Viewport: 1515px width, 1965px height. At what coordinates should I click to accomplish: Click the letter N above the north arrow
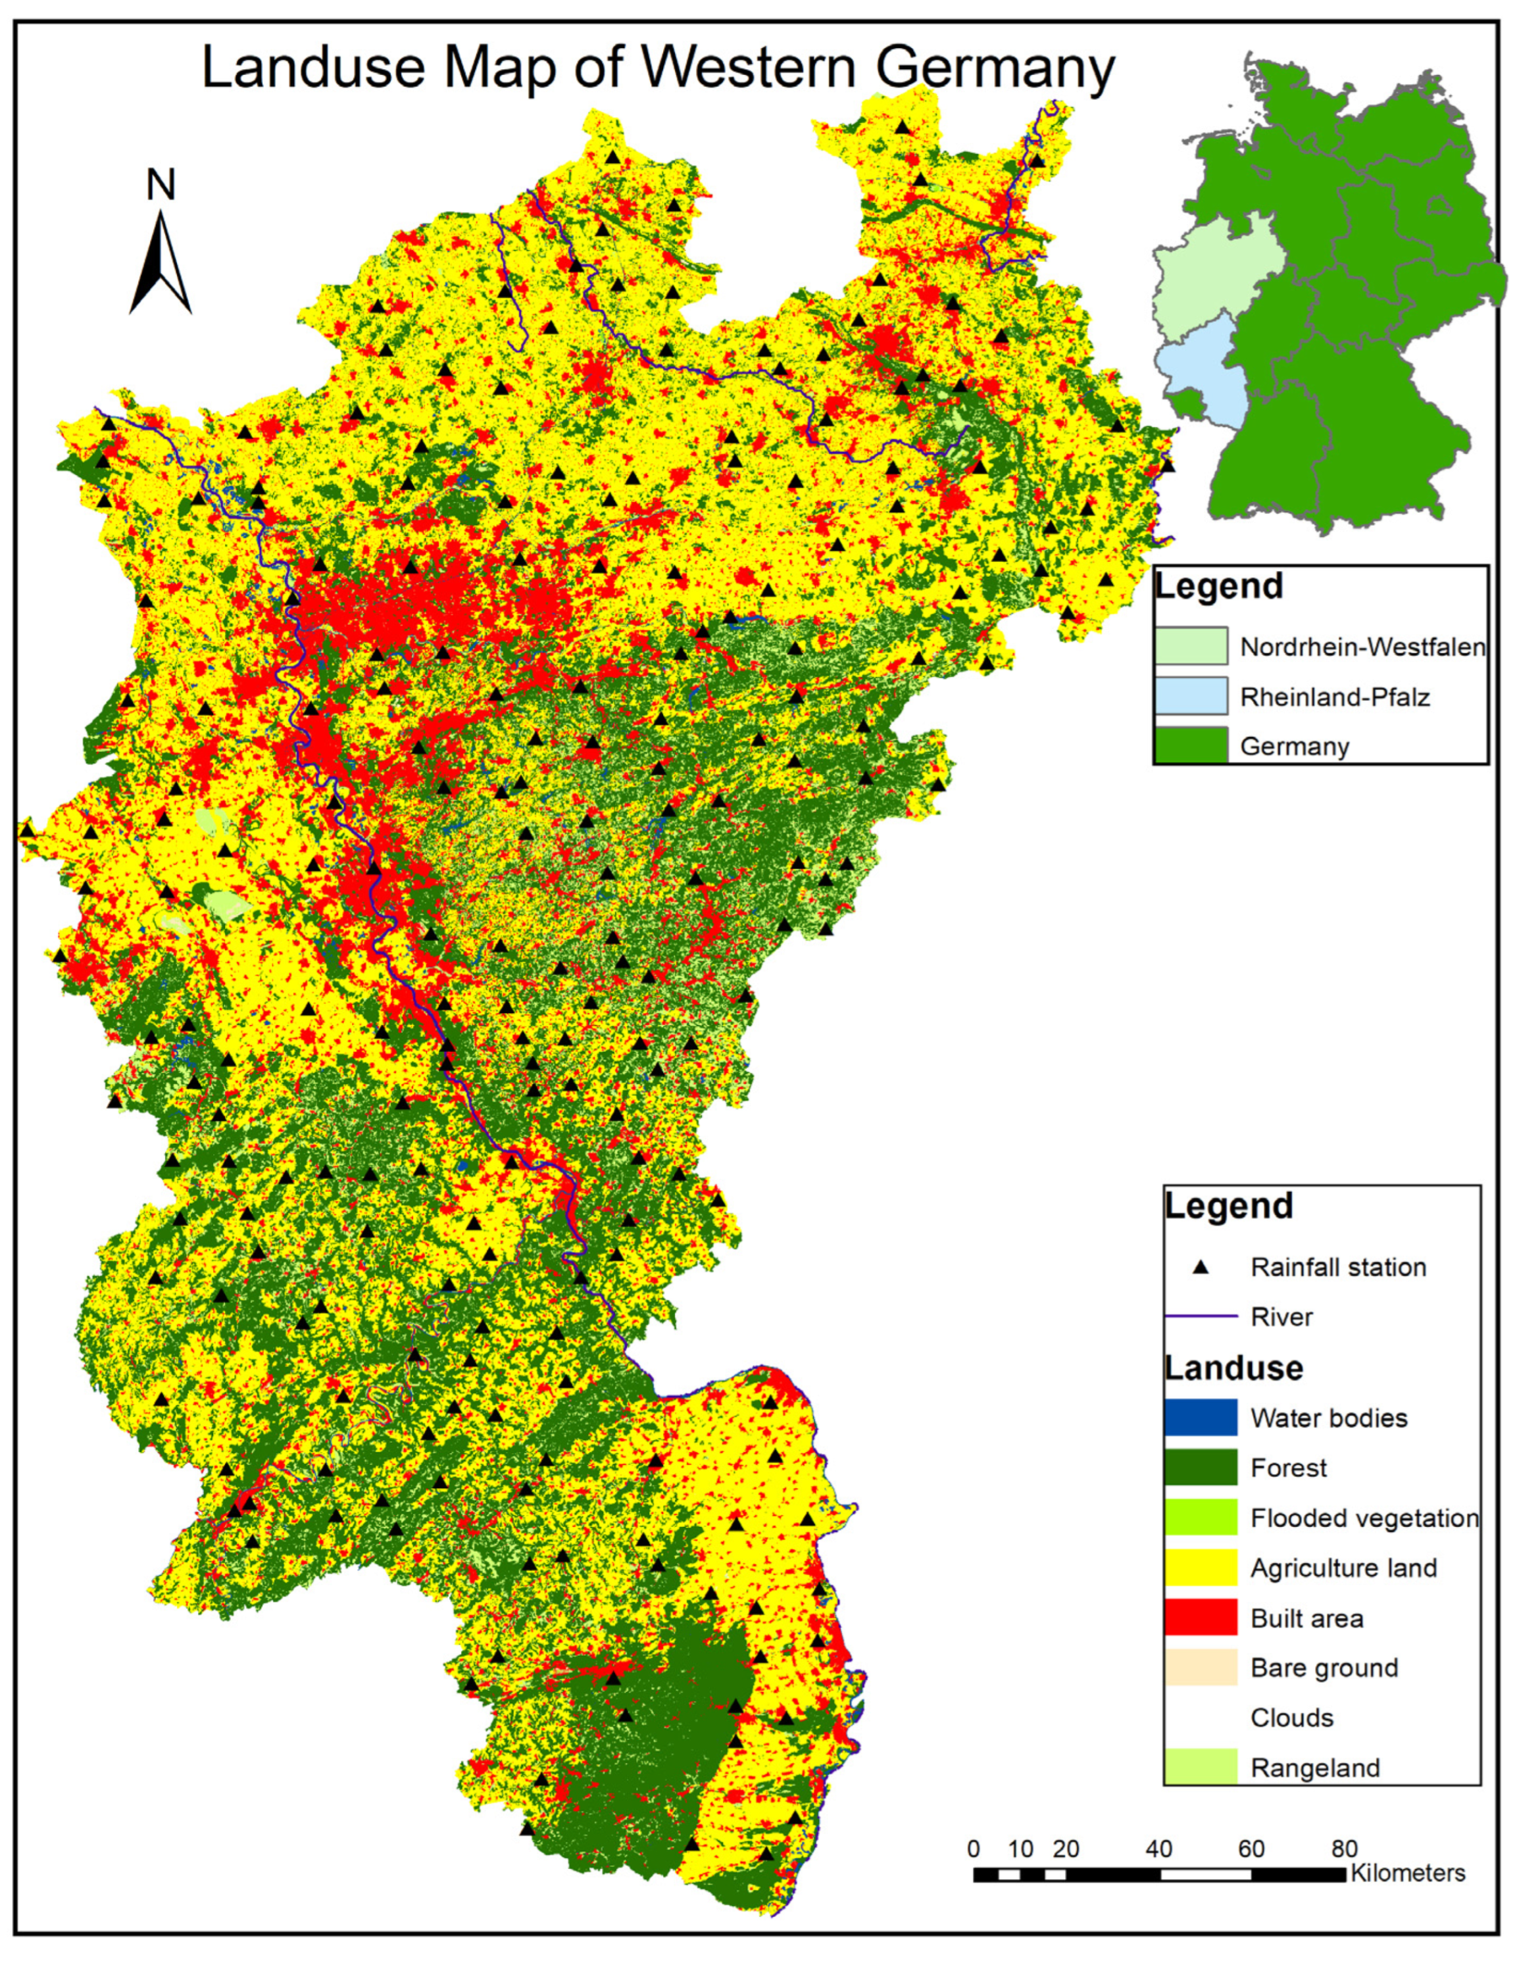pyautogui.click(x=161, y=186)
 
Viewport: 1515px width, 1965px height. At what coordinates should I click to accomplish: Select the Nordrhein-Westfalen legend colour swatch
pyautogui.click(x=1191, y=645)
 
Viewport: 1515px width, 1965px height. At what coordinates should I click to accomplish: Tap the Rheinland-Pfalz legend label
pyautogui.click(x=1334, y=697)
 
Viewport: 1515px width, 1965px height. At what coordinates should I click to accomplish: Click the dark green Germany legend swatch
pyautogui.click(x=1191, y=745)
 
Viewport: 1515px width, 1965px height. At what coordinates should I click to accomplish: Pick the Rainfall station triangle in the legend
pyautogui.click(x=1199, y=1268)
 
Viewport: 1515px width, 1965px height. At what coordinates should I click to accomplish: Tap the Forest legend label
pyautogui.click(x=1287, y=1468)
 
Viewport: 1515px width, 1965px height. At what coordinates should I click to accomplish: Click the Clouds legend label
pyautogui.click(x=1291, y=1718)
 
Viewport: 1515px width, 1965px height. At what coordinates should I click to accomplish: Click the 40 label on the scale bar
pyautogui.click(x=1158, y=1849)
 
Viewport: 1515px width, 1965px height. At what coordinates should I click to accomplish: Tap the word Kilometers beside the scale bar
pyautogui.click(x=1407, y=1873)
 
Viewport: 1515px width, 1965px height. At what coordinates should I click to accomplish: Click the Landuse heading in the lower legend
pyautogui.click(x=1233, y=1368)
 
